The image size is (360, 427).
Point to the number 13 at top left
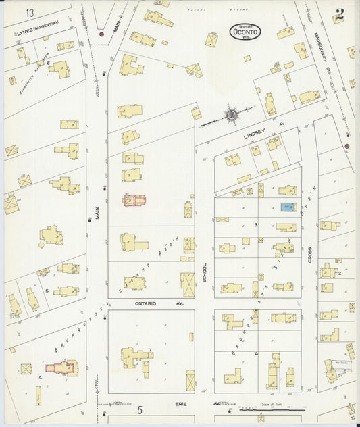click(x=30, y=13)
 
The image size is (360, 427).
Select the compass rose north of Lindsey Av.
click(x=232, y=116)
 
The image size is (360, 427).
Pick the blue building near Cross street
click(x=287, y=206)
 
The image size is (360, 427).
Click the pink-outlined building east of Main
click(x=134, y=201)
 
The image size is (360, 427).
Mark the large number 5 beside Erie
click(x=140, y=409)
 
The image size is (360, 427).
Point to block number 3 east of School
click(x=256, y=224)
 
